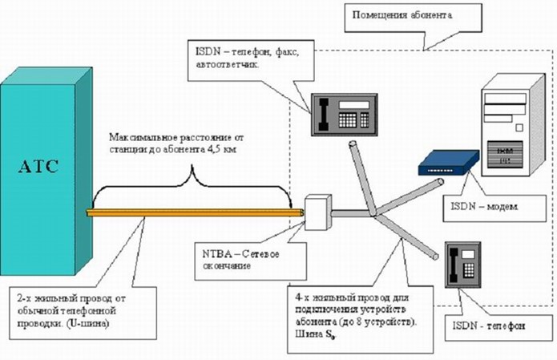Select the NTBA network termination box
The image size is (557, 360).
tap(317, 209)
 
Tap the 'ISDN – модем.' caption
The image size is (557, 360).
tap(480, 206)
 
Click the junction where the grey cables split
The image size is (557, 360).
tap(373, 216)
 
